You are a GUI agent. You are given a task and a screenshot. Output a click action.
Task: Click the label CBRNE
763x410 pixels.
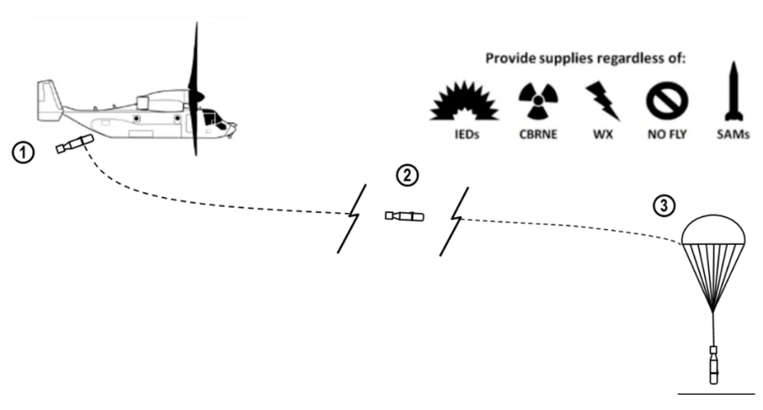click(538, 135)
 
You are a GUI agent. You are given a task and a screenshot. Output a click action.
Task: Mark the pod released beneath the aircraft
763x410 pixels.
click(74, 143)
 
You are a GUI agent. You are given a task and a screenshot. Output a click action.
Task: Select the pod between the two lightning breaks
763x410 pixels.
click(404, 216)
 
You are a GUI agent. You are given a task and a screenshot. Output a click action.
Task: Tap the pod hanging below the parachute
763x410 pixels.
click(713, 365)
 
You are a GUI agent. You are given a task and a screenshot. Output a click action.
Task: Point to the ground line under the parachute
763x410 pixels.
click(716, 392)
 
